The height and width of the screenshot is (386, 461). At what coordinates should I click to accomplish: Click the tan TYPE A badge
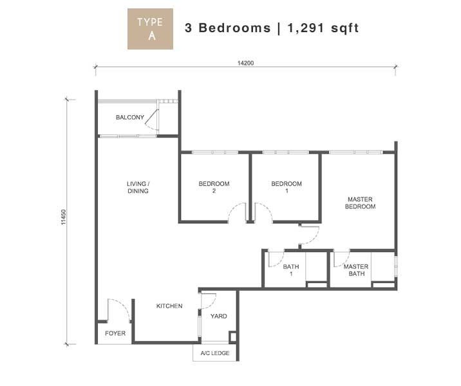tap(150, 29)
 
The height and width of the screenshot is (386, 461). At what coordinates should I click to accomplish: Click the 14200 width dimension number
tap(245, 63)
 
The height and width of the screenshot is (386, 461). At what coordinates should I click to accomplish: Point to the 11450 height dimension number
tap(64, 217)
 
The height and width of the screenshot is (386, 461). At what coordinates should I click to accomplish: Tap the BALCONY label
tap(130, 118)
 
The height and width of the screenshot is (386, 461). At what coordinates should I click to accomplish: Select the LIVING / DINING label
tap(138, 187)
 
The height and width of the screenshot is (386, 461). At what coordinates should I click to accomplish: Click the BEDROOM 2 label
tap(214, 187)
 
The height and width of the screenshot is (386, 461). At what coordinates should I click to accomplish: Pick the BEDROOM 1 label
tap(287, 187)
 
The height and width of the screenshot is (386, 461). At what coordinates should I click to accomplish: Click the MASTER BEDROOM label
tap(360, 203)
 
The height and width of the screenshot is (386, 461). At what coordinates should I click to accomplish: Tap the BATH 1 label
tap(291, 270)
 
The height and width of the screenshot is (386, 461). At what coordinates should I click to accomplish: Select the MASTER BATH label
tap(356, 270)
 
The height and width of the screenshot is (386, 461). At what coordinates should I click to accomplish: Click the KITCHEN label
tap(169, 306)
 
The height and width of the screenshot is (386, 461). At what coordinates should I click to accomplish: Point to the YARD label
tap(218, 317)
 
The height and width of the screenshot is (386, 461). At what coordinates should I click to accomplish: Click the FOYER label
tap(115, 333)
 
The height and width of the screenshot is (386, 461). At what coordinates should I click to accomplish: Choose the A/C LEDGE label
tap(215, 353)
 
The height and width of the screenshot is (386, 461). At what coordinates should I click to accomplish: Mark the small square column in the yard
tap(232, 336)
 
